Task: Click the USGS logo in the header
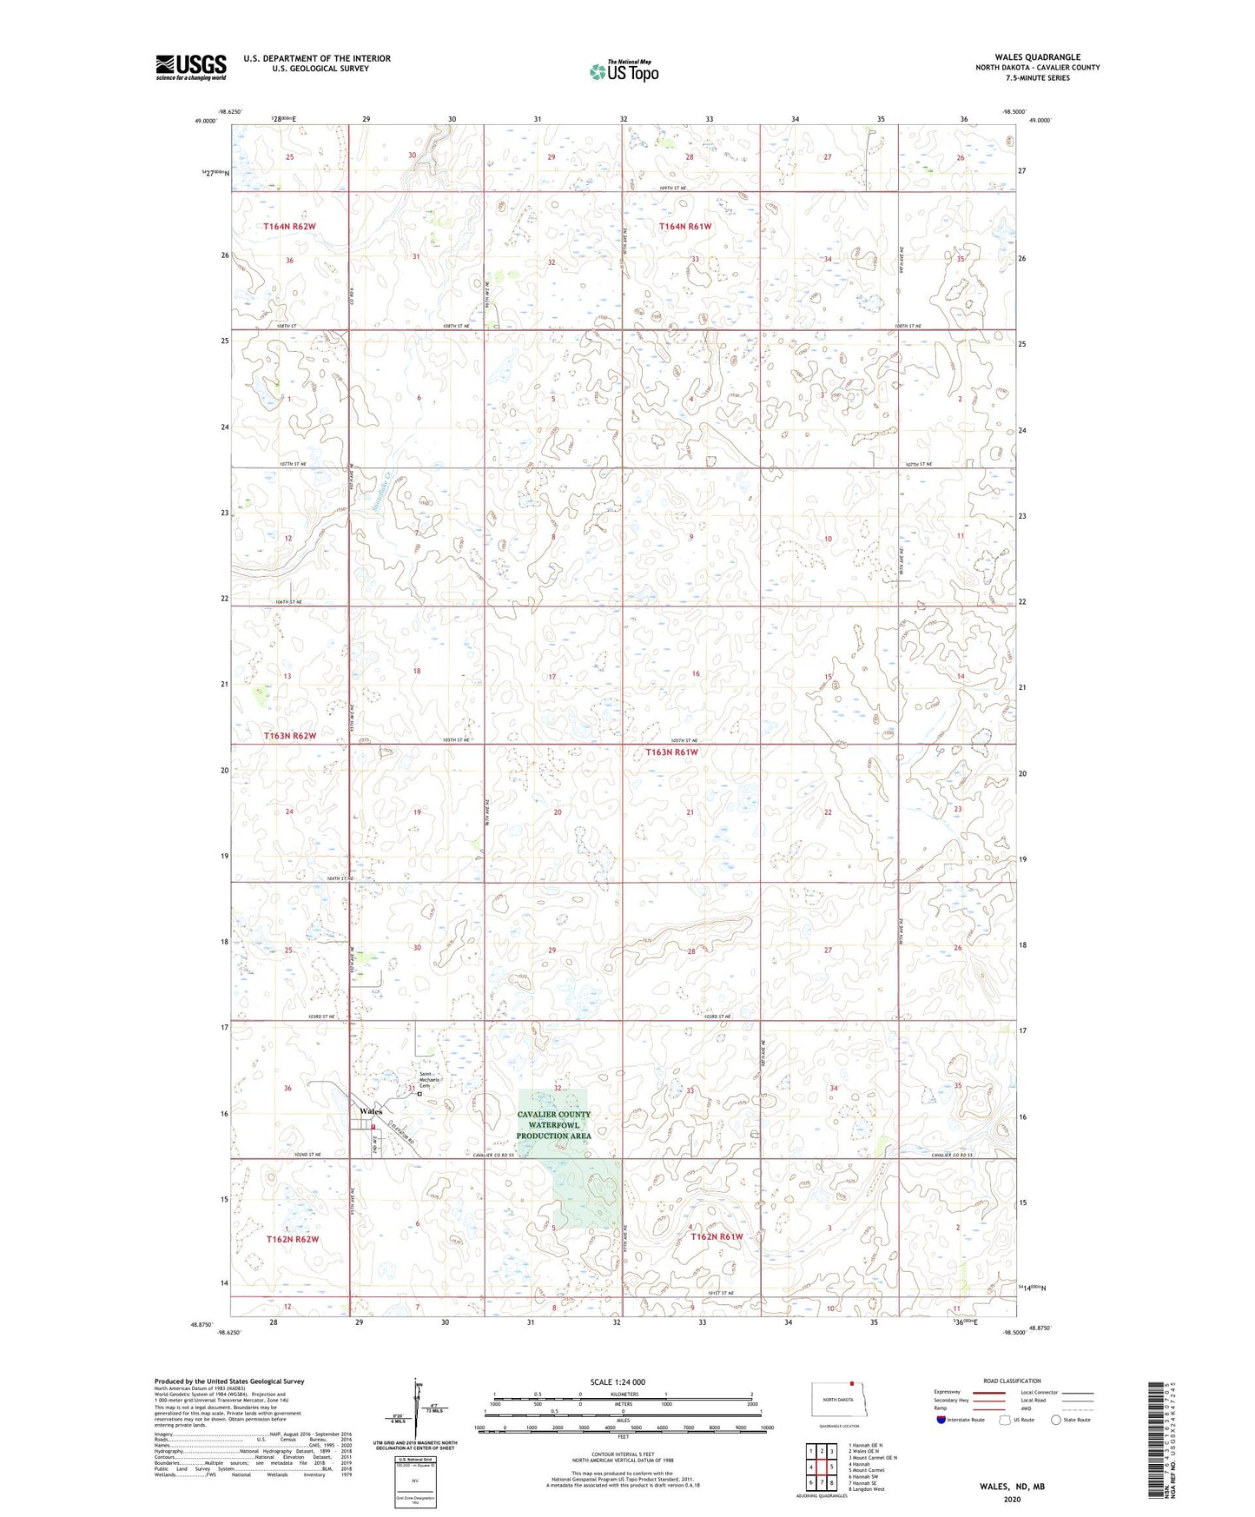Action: click(x=191, y=67)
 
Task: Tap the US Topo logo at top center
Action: click(x=624, y=71)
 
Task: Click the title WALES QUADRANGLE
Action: click(x=1037, y=57)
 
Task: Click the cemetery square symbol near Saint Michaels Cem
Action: click(x=419, y=1095)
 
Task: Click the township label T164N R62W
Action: click(x=289, y=227)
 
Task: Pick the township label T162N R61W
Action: click(x=717, y=1236)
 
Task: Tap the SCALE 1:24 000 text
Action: click(x=618, y=1381)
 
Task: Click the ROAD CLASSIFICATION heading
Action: click(x=1012, y=1381)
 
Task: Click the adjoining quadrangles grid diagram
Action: click(x=821, y=1469)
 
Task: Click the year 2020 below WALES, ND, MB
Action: click(x=1012, y=1499)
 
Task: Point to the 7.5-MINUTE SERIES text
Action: click(x=1037, y=78)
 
